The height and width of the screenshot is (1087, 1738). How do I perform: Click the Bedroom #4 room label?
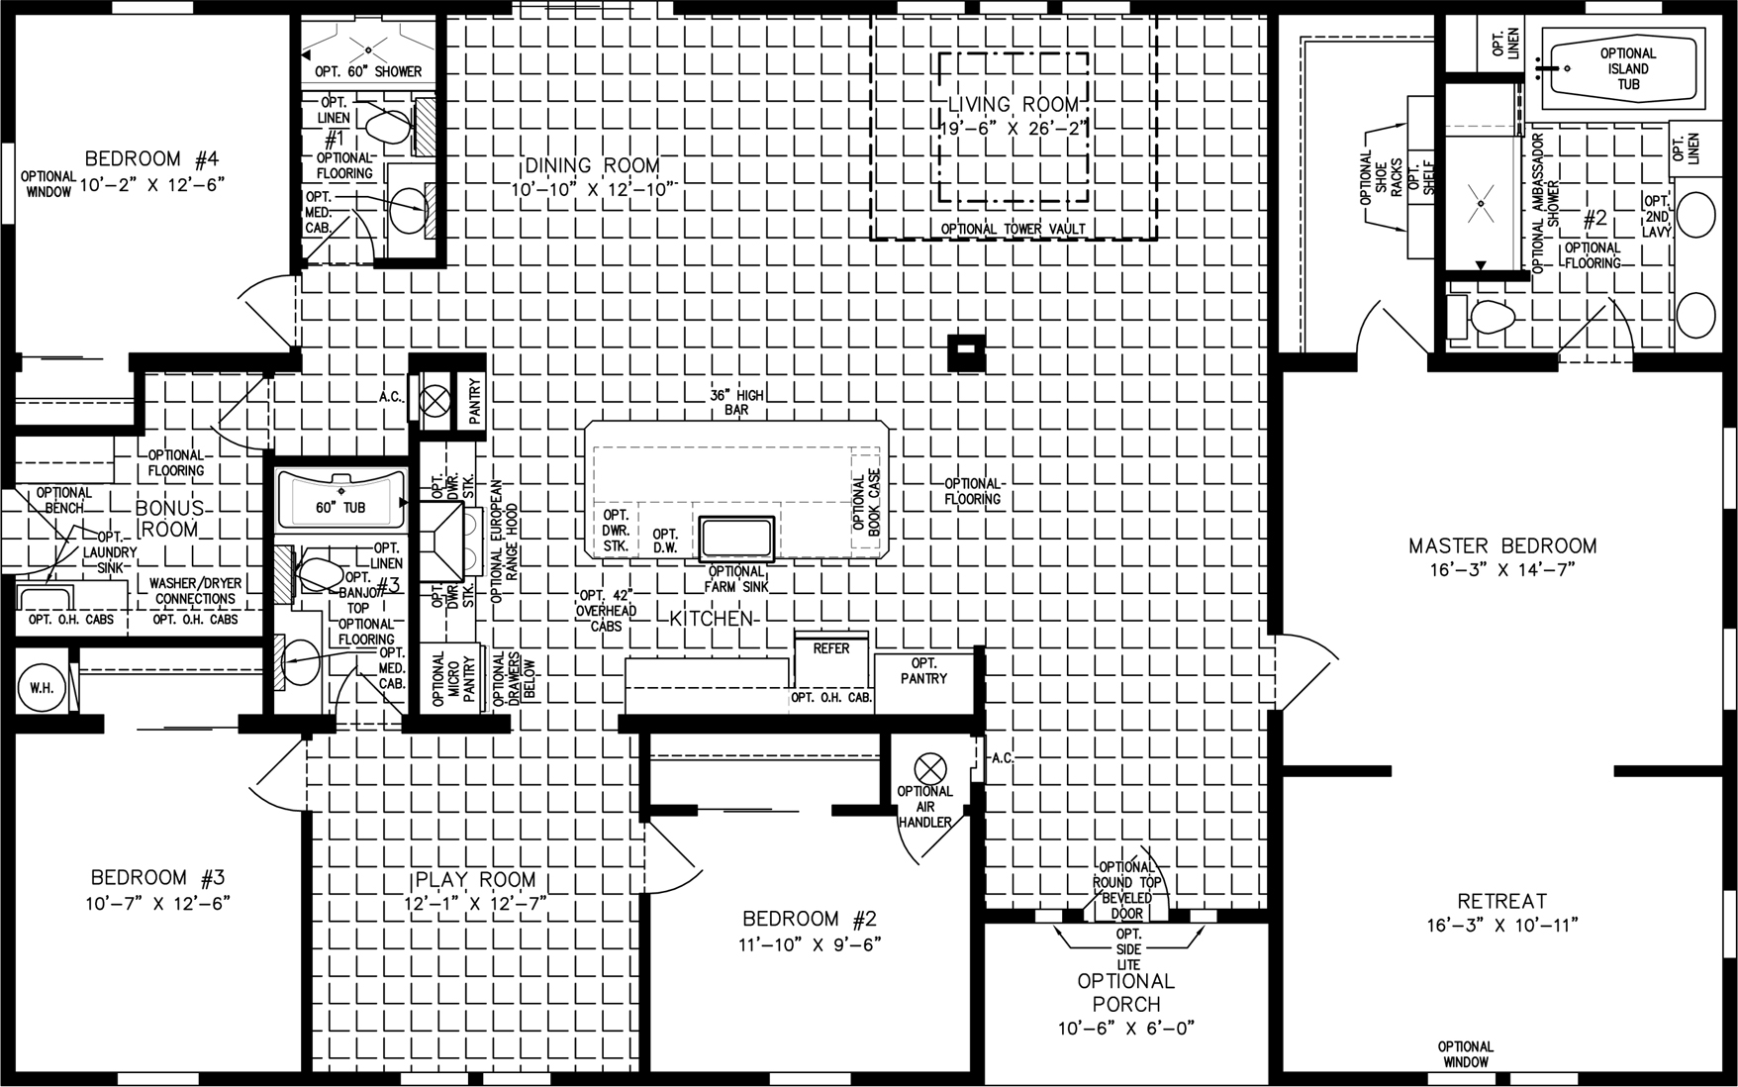(145, 158)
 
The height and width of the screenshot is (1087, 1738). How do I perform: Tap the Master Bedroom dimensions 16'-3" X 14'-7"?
(1502, 568)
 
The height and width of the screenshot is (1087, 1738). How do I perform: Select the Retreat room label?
(1502, 901)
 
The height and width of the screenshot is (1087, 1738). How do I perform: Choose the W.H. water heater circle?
(42, 685)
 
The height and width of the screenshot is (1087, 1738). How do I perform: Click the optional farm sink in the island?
(736, 539)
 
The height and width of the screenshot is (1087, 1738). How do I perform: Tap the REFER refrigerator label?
(831, 648)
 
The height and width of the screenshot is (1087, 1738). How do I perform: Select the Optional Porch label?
(1126, 992)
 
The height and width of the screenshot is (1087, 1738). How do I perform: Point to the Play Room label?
(476, 879)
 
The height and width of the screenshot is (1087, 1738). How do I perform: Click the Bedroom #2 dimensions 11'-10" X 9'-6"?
(811, 943)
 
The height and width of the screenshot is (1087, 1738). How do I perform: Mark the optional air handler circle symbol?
(930, 766)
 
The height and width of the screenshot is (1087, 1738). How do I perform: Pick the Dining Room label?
(592, 165)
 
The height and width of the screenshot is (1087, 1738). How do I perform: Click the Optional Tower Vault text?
(1014, 229)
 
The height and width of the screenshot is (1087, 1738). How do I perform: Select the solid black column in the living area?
(966, 352)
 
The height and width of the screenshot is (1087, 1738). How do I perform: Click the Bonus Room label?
(170, 518)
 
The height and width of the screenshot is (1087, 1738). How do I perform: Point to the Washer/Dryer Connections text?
(195, 591)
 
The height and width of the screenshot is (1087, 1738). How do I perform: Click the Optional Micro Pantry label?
(453, 678)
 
